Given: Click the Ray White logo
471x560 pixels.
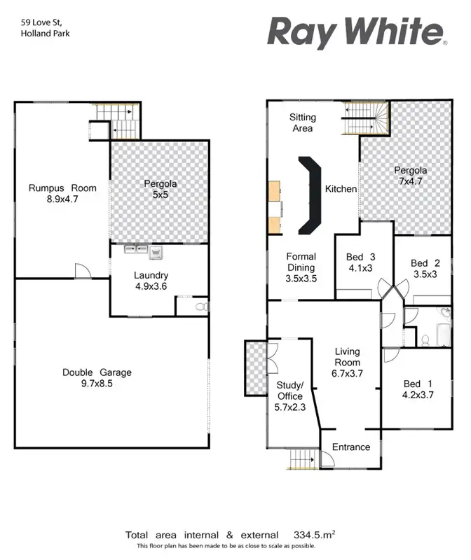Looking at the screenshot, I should tap(355, 32).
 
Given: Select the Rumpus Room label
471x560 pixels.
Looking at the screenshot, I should tap(62, 188).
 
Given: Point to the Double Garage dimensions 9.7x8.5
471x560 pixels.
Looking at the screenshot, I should tap(97, 384).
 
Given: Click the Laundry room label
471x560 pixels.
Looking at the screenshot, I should tap(151, 275).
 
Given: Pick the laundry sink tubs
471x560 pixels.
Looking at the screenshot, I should tap(142, 250).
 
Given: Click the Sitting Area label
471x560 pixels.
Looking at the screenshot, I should tap(302, 122).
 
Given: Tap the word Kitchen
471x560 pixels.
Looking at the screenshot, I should tap(341, 189).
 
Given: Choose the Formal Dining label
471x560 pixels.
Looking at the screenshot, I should tap(301, 262).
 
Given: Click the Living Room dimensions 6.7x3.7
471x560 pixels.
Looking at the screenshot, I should tap(347, 374).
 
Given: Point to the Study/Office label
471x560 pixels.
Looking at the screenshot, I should tap(289, 391).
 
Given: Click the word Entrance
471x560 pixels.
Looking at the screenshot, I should tap(350, 447).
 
